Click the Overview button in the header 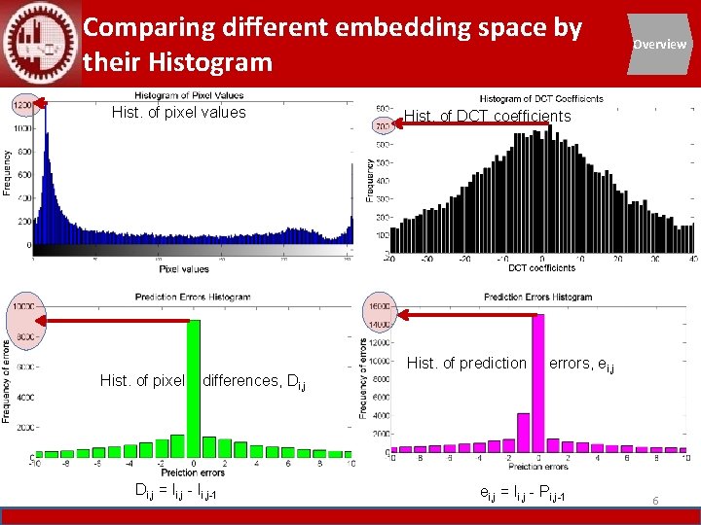(x=659, y=44)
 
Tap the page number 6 (x=655, y=500)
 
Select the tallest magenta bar (x=537, y=383)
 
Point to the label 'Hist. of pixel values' (x=178, y=113)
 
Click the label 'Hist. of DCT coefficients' (x=487, y=117)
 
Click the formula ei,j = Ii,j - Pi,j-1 (x=522, y=496)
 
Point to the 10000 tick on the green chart (x=22, y=306)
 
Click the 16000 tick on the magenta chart (x=377, y=306)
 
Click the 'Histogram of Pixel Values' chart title (x=189, y=95)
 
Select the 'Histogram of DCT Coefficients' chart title (x=540, y=98)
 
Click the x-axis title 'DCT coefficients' (x=540, y=267)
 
